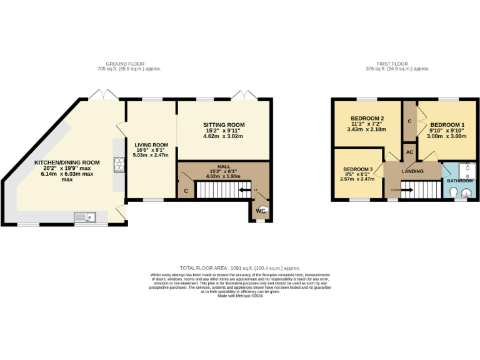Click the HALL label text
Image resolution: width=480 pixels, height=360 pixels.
pos(224,166)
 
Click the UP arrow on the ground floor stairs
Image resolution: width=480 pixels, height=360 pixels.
pos(254,189)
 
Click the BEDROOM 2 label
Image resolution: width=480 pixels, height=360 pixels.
pos(367,119)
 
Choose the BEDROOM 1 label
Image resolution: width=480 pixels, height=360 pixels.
pos(447,124)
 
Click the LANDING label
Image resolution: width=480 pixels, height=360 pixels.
pos(412,171)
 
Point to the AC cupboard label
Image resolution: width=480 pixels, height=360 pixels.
pos(410,152)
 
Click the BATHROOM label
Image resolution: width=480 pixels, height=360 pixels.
pos(459,181)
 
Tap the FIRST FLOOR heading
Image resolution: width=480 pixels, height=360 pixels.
pos(403,64)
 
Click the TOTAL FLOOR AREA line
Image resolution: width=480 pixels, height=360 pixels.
pos(240,267)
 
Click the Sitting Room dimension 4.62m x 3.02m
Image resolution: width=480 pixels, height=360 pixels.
pos(223,136)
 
